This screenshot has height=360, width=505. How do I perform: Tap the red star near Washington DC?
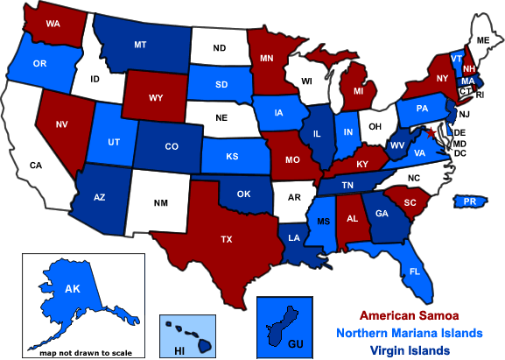[x=429, y=131]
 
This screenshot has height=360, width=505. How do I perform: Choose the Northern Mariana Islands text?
[x=410, y=334]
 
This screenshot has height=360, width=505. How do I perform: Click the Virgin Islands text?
[x=410, y=350]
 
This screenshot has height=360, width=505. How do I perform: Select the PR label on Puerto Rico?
[x=469, y=201]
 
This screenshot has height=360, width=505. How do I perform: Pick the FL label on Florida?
[x=414, y=272]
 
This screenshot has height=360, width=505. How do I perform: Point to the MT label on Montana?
[x=140, y=43]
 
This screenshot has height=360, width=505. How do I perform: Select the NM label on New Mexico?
[x=160, y=203]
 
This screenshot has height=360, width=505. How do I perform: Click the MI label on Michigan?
[x=358, y=89]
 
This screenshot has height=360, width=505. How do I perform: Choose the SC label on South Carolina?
[x=410, y=201]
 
